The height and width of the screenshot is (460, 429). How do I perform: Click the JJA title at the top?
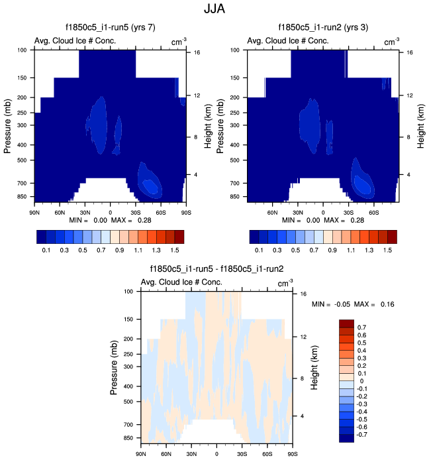point(215,10)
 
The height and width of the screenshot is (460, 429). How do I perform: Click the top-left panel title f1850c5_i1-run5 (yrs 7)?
point(110,28)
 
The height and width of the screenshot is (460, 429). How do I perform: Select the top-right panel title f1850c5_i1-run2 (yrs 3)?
point(324,28)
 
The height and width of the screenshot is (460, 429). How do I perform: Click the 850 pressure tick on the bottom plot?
point(128,438)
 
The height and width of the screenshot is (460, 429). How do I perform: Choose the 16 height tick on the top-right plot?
point(410,52)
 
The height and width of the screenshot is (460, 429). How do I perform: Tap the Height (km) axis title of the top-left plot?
point(207,126)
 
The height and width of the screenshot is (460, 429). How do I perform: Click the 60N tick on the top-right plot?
point(272,212)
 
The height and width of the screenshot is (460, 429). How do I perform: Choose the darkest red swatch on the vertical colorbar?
point(347,323)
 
